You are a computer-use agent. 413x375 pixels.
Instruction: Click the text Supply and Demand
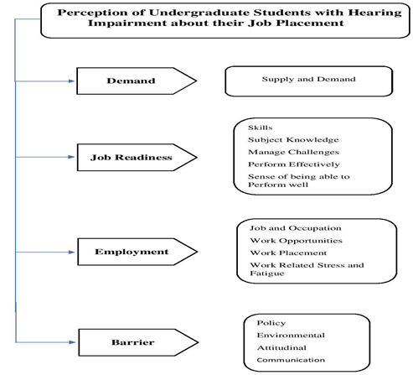coord(308,79)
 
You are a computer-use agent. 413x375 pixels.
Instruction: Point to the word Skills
coord(260,128)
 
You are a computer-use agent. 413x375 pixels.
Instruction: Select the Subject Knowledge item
coord(293,140)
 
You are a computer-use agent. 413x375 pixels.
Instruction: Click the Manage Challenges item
coord(293,152)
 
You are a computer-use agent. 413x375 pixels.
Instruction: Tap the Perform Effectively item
coord(294,164)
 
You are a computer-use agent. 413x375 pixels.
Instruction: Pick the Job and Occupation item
coord(296,228)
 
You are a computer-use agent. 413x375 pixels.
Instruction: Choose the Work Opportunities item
coord(296,241)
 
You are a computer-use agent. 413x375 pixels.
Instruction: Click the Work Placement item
coord(288,253)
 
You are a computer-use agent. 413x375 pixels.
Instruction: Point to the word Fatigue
coord(267,273)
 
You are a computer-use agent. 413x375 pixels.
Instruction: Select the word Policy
coord(271,323)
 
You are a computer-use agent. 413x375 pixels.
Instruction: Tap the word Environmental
coord(291,335)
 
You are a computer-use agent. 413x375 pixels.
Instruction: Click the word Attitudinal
coord(281,347)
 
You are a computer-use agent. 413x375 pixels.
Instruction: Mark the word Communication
coord(291,360)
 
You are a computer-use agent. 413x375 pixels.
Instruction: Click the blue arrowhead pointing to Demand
coord(71,81)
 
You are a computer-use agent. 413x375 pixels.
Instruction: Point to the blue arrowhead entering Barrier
coord(72,342)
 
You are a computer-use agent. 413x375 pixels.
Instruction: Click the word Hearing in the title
coord(374,13)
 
